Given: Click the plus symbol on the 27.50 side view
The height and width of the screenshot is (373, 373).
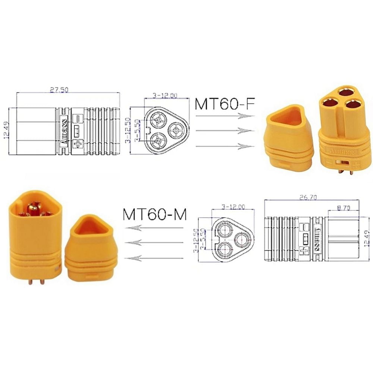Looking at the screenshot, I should (78, 144).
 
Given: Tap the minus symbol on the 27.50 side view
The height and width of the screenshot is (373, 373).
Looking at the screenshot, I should (78, 118).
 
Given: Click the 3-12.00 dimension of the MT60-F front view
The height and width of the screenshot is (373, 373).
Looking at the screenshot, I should (165, 96).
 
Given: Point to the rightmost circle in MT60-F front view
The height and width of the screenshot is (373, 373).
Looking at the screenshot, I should (176, 131).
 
